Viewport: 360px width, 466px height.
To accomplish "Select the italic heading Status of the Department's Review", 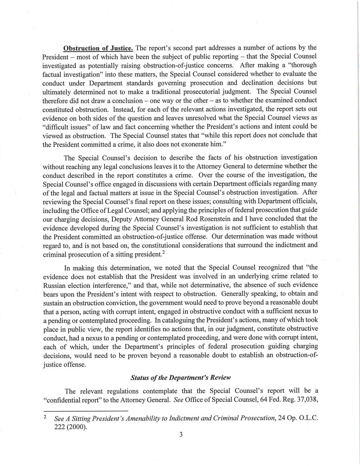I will point(180,377).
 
